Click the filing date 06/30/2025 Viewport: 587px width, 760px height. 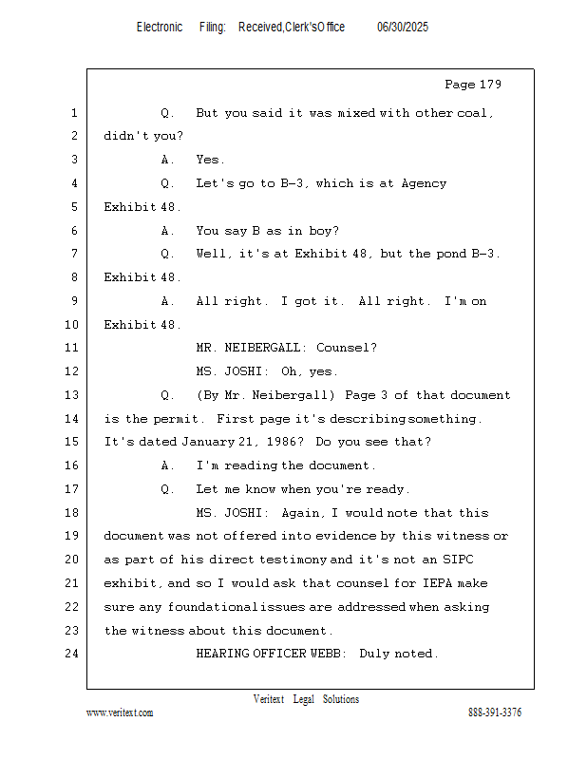click(x=403, y=28)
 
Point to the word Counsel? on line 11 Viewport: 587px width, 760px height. click(x=347, y=348)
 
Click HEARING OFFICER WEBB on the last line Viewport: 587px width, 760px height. click(x=270, y=654)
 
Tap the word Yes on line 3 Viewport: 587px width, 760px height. click(x=209, y=160)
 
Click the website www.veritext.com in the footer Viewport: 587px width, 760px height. click(x=120, y=712)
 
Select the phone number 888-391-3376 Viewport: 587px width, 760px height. click(x=495, y=712)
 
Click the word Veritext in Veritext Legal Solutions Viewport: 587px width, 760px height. click(x=269, y=699)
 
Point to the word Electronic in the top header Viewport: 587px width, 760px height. click(x=160, y=28)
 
